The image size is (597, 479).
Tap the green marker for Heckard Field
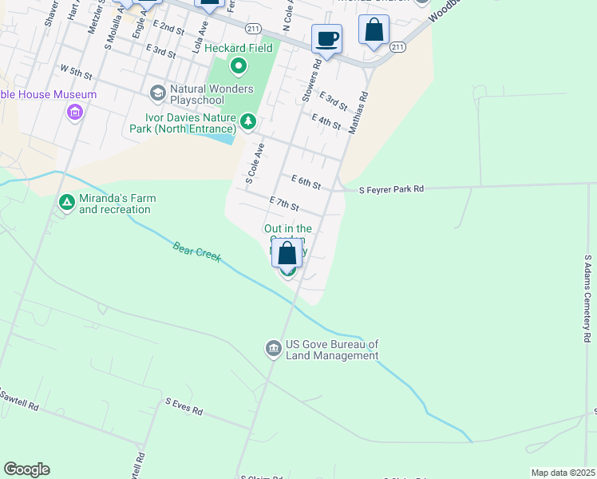(237, 65)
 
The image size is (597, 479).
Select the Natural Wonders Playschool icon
(157, 93)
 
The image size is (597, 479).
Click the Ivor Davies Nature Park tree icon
(249, 121)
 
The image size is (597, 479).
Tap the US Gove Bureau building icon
(273, 349)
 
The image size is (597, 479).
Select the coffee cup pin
(326, 38)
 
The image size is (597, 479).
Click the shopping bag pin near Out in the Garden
(287, 253)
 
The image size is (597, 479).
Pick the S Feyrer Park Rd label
(391, 190)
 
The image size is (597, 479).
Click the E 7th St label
(284, 204)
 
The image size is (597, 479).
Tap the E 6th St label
(306, 183)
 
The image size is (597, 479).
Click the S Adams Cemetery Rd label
(587, 299)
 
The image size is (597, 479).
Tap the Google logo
(26, 469)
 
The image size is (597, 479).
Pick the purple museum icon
(75, 113)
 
